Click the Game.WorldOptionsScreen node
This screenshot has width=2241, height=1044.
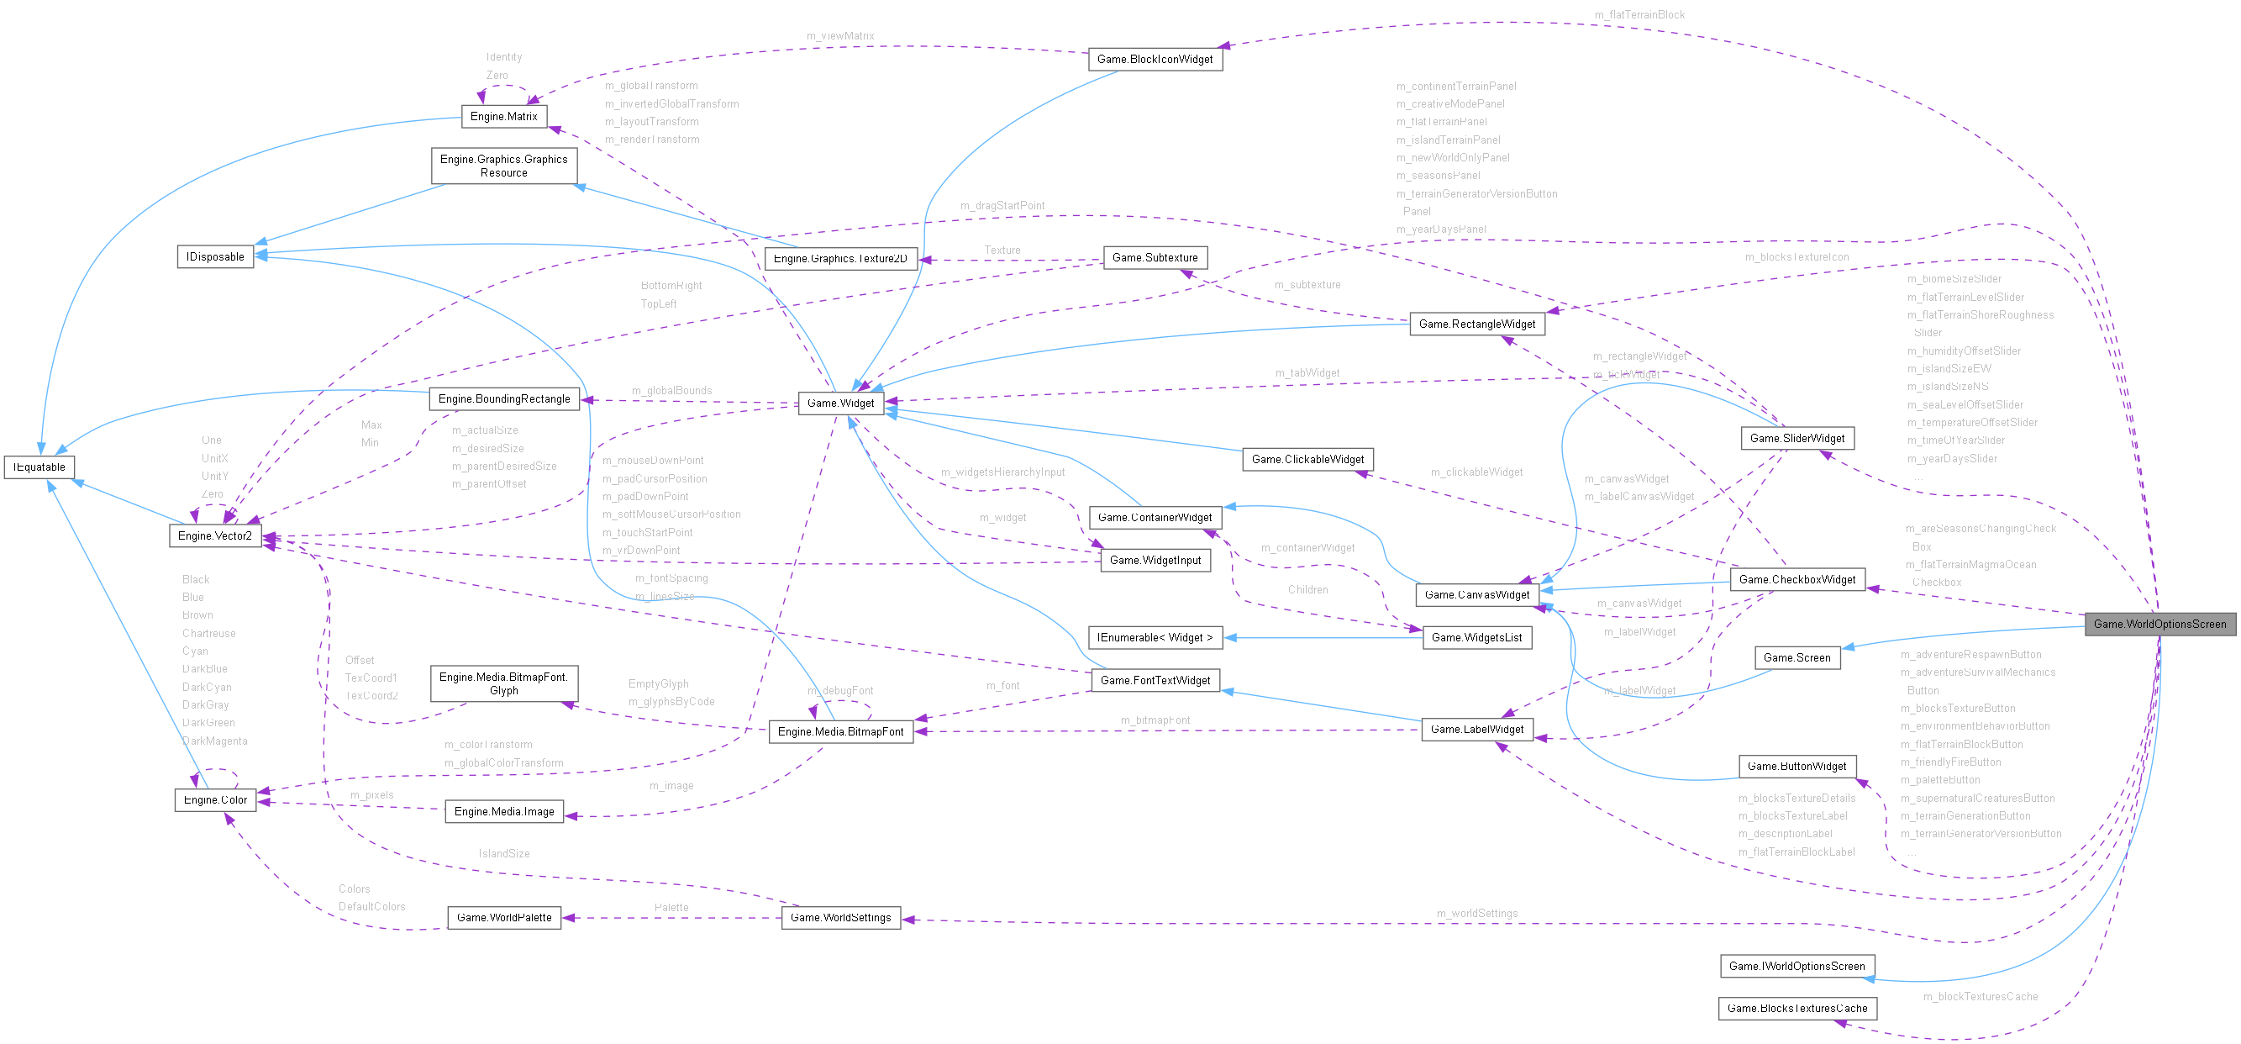coord(2159,624)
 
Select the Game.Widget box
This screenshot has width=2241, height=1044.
coord(840,403)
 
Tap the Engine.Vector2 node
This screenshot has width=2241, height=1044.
coord(214,536)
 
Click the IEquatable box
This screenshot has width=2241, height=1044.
coord(39,467)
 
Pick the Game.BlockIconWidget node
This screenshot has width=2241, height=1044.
coord(1155,59)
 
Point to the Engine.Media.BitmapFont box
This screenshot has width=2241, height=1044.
coord(840,731)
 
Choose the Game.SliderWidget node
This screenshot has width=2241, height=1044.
coord(1796,439)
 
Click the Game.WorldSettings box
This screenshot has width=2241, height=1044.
coord(840,918)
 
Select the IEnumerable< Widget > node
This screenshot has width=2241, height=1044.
coord(1155,638)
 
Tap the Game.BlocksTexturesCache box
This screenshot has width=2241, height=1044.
coord(1796,1009)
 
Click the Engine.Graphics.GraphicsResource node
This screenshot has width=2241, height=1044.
coord(503,166)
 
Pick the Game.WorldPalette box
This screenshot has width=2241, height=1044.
coord(503,918)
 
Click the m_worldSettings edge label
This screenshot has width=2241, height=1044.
coord(1476,914)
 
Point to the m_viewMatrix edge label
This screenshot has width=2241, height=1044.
coord(839,35)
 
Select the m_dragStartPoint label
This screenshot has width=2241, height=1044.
coord(1002,205)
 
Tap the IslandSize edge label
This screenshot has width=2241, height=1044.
coord(503,853)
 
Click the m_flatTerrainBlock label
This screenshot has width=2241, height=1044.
coord(1639,15)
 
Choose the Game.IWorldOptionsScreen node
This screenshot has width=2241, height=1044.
coord(1796,967)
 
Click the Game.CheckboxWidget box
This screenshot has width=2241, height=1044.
coord(1796,579)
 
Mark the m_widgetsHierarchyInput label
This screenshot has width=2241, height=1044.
coord(1002,472)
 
